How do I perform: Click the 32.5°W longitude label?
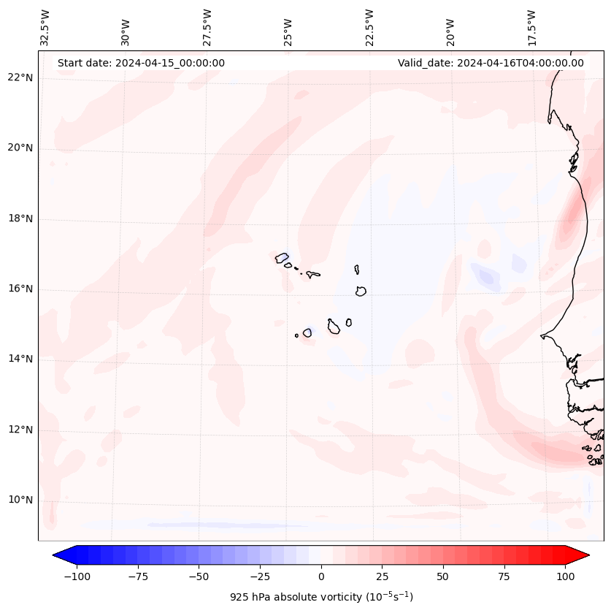[x=45, y=27]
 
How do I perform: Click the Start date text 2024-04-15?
[x=141, y=63]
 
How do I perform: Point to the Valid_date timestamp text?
[x=491, y=63]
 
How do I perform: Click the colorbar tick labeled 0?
[x=321, y=576]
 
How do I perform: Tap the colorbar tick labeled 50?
[x=443, y=576]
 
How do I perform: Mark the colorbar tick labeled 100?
[x=565, y=576]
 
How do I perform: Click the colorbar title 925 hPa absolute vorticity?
[x=321, y=597]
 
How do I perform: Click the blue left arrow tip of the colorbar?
[x=55, y=555]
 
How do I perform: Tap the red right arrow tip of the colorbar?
[x=588, y=555]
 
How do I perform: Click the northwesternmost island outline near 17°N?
[x=282, y=258]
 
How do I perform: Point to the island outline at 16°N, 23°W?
[x=361, y=291]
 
